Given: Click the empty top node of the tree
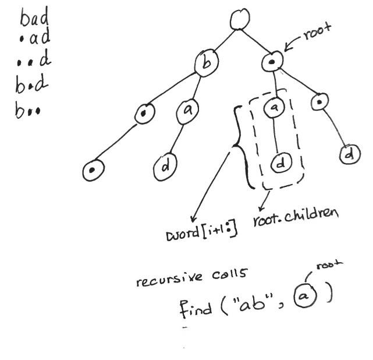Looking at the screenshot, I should point(239,20).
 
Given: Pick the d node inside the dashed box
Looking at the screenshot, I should point(281,164).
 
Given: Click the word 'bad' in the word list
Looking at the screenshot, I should point(34,19).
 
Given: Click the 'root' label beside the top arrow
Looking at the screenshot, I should point(317,36).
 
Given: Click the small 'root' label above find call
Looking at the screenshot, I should point(329,266).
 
